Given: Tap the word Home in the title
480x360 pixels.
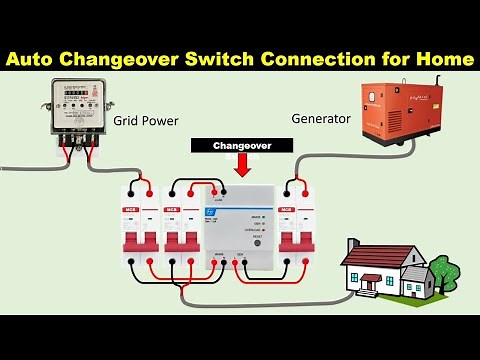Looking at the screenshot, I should (x=442, y=59).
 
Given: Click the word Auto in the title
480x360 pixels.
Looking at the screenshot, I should (x=40, y=59).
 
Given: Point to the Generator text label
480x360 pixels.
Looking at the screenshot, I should (x=320, y=118).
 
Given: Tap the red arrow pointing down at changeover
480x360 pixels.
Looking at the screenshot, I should (x=242, y=165).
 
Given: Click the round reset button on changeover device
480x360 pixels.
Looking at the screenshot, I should (x=257, y=242).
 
